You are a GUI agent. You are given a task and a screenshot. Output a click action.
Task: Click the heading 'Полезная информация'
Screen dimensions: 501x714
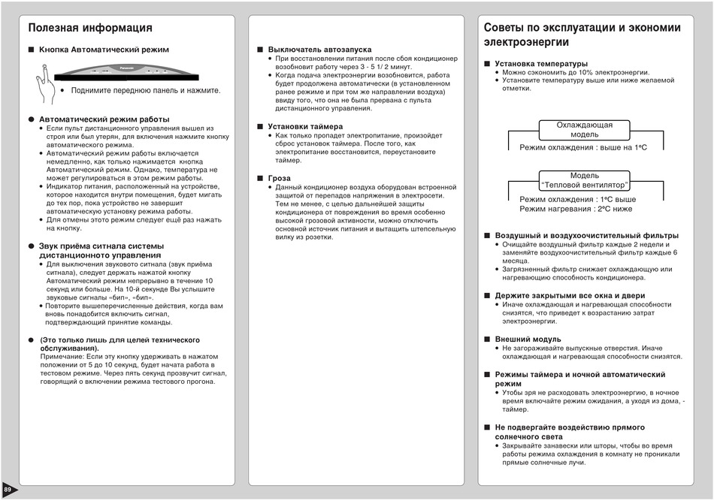pos(90,28)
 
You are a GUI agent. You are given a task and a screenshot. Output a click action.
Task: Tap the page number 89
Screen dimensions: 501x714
pos(8,490)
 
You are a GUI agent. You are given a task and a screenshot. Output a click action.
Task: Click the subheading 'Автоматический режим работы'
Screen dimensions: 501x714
pos(104,119)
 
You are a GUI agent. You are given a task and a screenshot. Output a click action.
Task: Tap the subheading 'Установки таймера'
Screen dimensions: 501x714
pos(305,126)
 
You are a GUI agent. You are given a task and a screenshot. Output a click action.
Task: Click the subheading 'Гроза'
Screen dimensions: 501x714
pos(279,178)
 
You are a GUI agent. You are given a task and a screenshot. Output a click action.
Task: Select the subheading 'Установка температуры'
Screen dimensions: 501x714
pos(541,64)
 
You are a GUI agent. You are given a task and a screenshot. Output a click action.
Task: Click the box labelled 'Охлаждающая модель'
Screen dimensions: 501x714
pos(584,129)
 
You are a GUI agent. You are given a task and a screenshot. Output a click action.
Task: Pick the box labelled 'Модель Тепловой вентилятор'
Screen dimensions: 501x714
pos(584,180)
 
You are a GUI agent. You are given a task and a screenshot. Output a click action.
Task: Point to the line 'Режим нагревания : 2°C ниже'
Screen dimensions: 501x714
pos(576,210)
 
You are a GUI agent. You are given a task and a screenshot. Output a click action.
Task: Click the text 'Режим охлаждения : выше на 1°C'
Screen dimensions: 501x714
pos(582,147)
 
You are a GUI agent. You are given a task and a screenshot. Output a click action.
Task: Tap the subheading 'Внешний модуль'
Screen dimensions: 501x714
pos(528,340)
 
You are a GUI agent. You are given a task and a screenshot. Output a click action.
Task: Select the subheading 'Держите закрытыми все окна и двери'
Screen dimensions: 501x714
pos(570,295)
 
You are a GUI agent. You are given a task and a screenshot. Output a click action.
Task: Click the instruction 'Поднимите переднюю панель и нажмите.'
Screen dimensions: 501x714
pos(146,90)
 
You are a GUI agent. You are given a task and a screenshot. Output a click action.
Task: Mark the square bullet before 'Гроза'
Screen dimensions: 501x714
pos(260,178)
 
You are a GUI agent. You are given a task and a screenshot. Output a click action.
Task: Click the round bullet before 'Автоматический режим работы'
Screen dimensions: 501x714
pos(32,119)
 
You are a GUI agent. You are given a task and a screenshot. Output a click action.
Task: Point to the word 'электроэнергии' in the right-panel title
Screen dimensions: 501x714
pos(526,42)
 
